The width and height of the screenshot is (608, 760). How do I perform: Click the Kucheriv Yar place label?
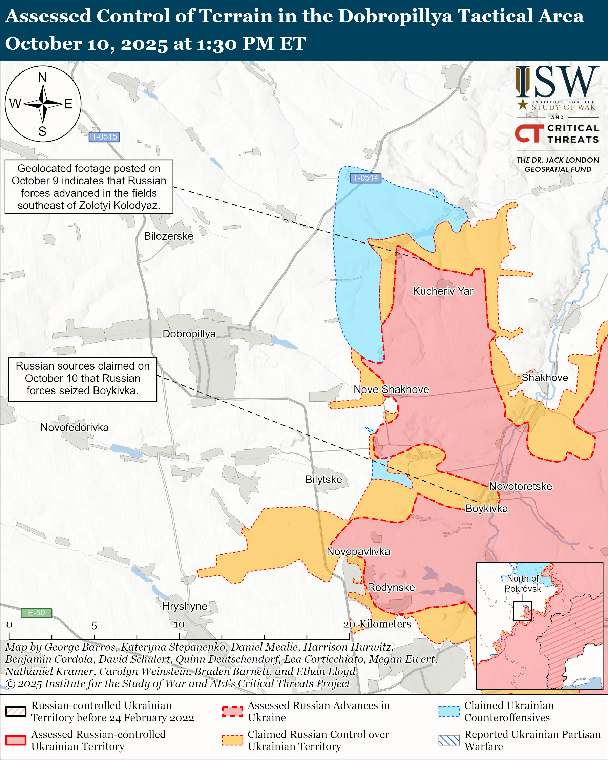coord(443,291)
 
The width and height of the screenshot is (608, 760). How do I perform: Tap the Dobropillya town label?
coord(189,334)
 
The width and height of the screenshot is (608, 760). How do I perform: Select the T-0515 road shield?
coord(104,137)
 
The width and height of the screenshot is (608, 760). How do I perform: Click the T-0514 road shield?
coord(365,178)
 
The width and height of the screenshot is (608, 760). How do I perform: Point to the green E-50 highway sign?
coord(36,613)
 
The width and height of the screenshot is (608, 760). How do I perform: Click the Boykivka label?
coord(486,509)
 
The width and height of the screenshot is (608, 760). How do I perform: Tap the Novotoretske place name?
coord(520,486)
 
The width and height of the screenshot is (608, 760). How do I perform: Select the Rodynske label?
coord(391,588)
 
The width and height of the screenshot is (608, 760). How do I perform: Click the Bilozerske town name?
coord(168,236)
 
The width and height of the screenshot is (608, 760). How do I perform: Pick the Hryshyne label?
coord(185,606)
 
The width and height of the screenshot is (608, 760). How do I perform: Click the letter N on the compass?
coord(43,77)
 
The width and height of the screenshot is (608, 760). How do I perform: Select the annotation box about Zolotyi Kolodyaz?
coord(89,187)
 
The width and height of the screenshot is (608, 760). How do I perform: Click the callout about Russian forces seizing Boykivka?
coord(82,378)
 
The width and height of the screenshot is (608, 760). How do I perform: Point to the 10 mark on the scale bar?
coord(179,625)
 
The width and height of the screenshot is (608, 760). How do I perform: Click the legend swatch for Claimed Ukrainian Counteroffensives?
coord(449,711)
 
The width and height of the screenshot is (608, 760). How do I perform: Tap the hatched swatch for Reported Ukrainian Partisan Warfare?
coord(449,740)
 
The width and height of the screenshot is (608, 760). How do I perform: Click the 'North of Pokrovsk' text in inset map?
coord(523,584)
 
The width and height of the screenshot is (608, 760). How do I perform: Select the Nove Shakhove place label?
coord(391,389)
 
